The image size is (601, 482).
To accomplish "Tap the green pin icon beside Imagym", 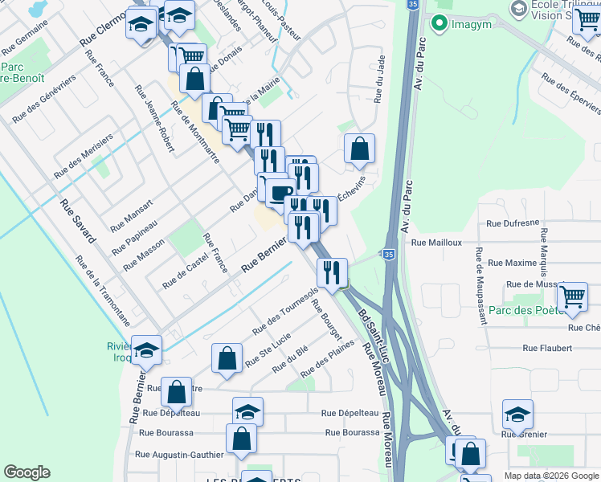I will click(x=439, y=22).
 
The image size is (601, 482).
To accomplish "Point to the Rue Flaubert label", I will click(x=547, y=348).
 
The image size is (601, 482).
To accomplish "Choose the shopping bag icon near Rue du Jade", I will click(x=360, y=149).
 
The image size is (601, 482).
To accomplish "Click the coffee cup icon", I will click(x=279, y=192).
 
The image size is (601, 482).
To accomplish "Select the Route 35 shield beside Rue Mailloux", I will click(x=389, y=254).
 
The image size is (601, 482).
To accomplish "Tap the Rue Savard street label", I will click(x=78, y=222).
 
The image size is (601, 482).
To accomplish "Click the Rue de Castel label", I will click(x=185, y=270).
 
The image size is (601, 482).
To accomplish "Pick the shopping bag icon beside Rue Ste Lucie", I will click(x=227, y=359).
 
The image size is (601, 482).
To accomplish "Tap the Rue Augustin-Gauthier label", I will click(x=179, y=455).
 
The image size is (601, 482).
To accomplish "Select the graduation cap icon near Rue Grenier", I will click(x=517, y=415).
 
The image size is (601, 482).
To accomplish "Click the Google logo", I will click(x=27, y=472).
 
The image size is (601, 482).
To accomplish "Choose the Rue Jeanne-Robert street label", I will click(x=154, y=127).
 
